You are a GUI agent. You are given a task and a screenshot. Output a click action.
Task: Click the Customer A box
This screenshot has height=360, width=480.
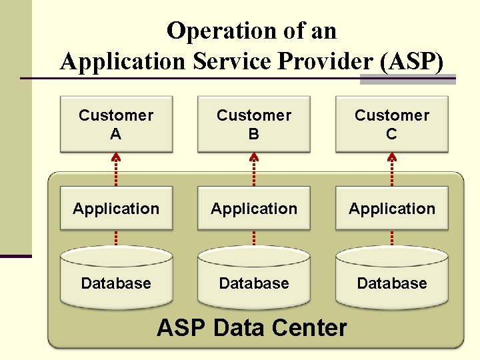pos(116,125)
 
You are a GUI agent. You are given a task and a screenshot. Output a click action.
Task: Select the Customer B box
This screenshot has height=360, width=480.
pos(254,125)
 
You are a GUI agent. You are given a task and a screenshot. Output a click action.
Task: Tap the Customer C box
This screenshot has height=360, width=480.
pos(392,125)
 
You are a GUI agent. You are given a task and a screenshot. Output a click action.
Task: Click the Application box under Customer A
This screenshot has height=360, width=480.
pos(116,209)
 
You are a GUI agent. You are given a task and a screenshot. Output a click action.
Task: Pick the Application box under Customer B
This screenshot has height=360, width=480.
pos(254,209)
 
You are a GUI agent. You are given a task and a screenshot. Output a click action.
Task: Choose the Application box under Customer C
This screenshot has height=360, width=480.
pos(392,209)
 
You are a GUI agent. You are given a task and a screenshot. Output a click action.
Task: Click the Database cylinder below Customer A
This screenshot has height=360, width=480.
pos(116,280)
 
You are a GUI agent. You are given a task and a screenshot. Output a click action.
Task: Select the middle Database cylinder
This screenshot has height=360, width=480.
pos(254,280)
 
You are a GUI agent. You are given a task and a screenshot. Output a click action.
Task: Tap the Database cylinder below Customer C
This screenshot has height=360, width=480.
pos(392,280)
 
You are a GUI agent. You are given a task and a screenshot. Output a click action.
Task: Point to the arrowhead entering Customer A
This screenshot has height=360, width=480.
pos(116,158)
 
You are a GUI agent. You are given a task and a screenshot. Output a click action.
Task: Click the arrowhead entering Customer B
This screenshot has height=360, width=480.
pos(254,158)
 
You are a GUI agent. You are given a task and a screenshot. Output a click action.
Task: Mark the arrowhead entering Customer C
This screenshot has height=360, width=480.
pos(392,158)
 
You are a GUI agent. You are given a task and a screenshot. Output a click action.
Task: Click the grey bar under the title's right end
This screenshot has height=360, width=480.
pos(407,79)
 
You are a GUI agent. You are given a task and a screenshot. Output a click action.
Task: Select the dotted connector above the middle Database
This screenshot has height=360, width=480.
pos(254,238)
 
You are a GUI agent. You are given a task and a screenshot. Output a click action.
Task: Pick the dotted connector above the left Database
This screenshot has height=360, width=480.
pos(116,238)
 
